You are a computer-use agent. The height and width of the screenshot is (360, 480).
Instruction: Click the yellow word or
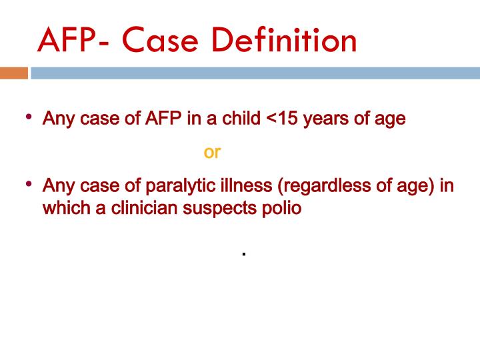[212, 152]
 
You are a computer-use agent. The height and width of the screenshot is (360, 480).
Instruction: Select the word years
[335, 120]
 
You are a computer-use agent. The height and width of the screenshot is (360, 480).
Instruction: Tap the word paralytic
[167, 185]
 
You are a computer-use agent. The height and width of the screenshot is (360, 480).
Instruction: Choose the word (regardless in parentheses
[304, 185]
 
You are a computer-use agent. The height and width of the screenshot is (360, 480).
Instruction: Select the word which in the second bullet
[62, 207]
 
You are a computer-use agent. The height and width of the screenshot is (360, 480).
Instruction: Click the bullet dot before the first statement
[29, 117]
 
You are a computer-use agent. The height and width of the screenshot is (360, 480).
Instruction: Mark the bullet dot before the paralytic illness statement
[29, 183]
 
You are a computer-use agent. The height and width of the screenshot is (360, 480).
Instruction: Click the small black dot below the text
[245, 255]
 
